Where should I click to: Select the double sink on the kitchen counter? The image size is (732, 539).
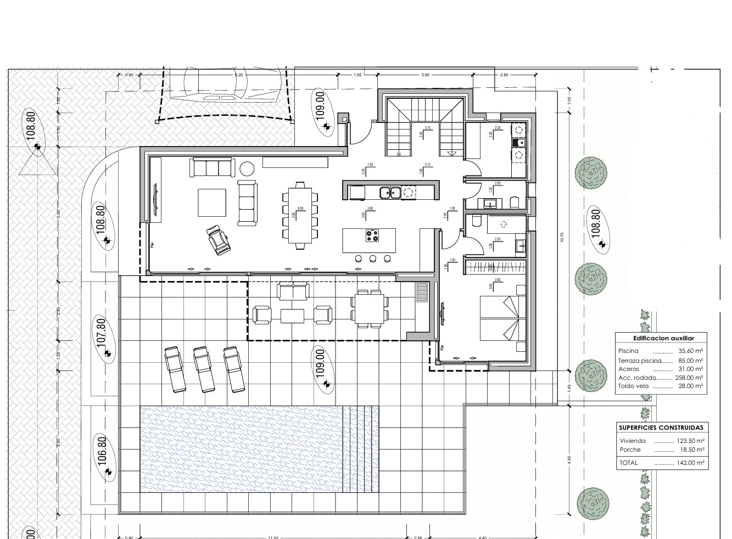click(390, 192)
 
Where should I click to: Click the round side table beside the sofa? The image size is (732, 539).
click(246, 167)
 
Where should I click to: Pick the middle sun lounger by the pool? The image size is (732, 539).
click(204, 369)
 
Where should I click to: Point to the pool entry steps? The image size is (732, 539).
click(360, 449)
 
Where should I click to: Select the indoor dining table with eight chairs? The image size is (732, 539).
click(300, 215)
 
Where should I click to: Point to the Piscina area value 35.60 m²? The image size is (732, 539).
click(691, 351)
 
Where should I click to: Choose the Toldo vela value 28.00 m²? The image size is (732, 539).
click(691, 386)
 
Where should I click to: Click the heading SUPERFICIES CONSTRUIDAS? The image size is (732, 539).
click(661, 428)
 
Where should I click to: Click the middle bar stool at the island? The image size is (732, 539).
click(373, 259)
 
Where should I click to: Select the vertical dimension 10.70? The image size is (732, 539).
click(561, 237)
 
